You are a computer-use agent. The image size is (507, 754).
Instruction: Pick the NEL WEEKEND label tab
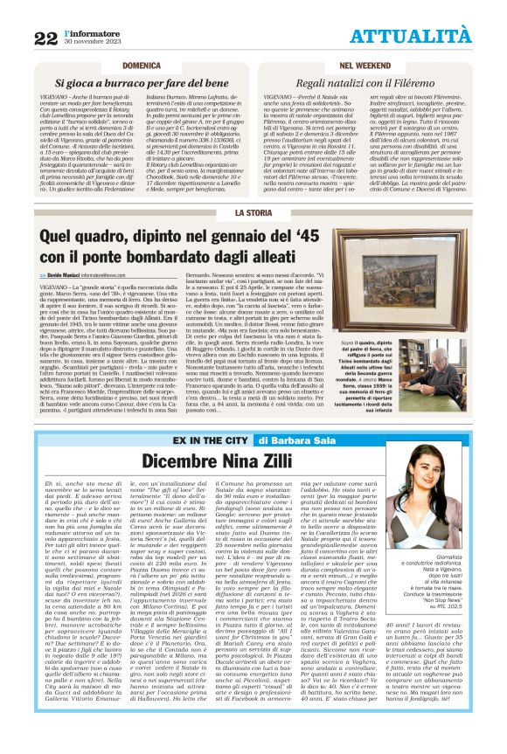tap(365, 66)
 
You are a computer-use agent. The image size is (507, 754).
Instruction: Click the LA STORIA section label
tap(253, 212)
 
